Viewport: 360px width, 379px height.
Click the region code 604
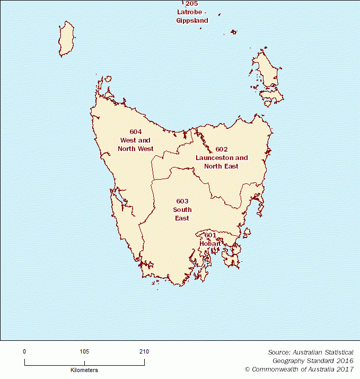tap(136, 131)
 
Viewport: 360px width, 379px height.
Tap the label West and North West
tap(136, 145)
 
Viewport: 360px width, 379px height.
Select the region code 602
tap(222, 149)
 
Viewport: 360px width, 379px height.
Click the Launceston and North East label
tap(222, 162)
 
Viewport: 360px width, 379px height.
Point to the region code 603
tap(182, 201)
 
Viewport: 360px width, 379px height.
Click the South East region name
tap(182, 214)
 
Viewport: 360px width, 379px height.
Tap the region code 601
tap(210, 235)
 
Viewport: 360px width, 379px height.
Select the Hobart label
tap(210, 243)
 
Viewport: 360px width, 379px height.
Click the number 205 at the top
tap(192, 3)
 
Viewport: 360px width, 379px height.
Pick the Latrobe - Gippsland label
tap(192, 16)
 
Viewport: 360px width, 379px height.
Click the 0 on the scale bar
tap(24, 351)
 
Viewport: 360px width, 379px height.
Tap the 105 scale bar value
tap(84, 351)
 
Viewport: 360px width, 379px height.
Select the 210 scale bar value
tap(144, 351)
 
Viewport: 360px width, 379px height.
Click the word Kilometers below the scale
tap(84, 370)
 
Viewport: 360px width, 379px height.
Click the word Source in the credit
tap(279, 352)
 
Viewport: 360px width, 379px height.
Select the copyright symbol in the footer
tap(247, 369)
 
